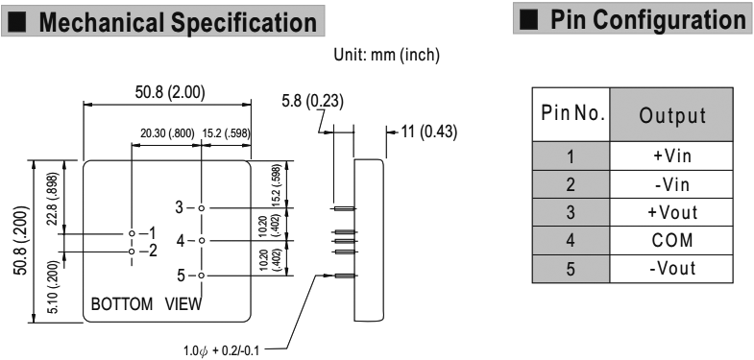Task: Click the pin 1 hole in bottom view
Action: (132, 233)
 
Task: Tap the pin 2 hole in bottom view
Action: (132, 252)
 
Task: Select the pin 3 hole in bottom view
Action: (201, 208)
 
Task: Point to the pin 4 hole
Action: (201, 240)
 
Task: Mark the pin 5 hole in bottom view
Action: (201, 276)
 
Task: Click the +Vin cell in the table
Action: (671, 156)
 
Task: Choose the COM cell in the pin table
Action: (671, 241)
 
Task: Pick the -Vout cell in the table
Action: (671, 269)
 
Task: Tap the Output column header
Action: (671, 115)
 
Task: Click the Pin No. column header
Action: (571, 115)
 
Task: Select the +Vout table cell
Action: (671, 212)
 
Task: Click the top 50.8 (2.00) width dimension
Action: (170, 93)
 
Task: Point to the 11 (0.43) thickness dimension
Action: (429, 132)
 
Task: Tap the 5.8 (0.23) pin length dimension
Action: (312, 102)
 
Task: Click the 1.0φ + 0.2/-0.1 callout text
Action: (222, 350)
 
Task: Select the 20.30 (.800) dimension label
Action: (167, 133)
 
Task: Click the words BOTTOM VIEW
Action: (146, 303)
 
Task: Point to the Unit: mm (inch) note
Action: (387, 56)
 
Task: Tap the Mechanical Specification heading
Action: (178, 23)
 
